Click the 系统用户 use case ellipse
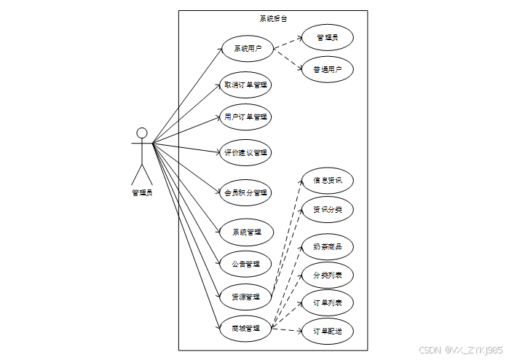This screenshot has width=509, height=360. pos(247,50)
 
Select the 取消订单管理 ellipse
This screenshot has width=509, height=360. pos(247,85)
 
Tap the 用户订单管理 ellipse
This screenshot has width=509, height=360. pos(247,117)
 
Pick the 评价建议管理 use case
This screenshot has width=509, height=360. pos(247,152)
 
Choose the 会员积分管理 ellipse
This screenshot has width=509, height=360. pos(247,192)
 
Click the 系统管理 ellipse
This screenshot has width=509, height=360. pos(247,232)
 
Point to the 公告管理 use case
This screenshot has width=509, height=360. pos(247,264)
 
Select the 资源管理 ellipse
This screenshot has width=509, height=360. pos(247,297)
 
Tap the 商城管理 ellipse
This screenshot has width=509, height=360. pos(247,329)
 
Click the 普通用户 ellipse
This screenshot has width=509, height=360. pos(327,70)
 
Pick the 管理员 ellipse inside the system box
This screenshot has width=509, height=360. pos(327,36)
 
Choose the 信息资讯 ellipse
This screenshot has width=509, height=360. pos(327,180)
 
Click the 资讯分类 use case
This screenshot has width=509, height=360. pos(327,210)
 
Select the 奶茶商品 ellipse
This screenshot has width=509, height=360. pos(327,246)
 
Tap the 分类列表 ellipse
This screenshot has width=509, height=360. pos(327,275)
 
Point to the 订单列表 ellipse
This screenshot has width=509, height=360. pos(327,302)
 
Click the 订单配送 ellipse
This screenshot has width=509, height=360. pos(327,332)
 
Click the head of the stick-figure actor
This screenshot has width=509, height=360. pos(142,133)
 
